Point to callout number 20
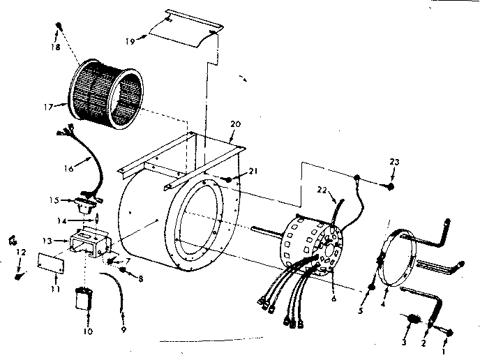[x=235, y=123]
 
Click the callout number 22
[x=322, y=189]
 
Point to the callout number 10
[x=87, y=331]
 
